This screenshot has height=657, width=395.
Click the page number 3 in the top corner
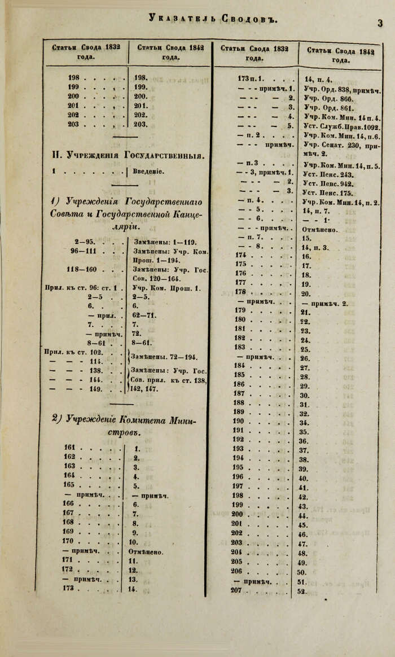coord(380,23)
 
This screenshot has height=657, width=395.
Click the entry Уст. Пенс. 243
coord(328,174)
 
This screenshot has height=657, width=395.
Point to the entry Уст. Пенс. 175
coord(328,193)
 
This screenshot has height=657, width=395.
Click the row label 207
coord(237,590)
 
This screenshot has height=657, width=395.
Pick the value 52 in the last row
coord(303,591)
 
